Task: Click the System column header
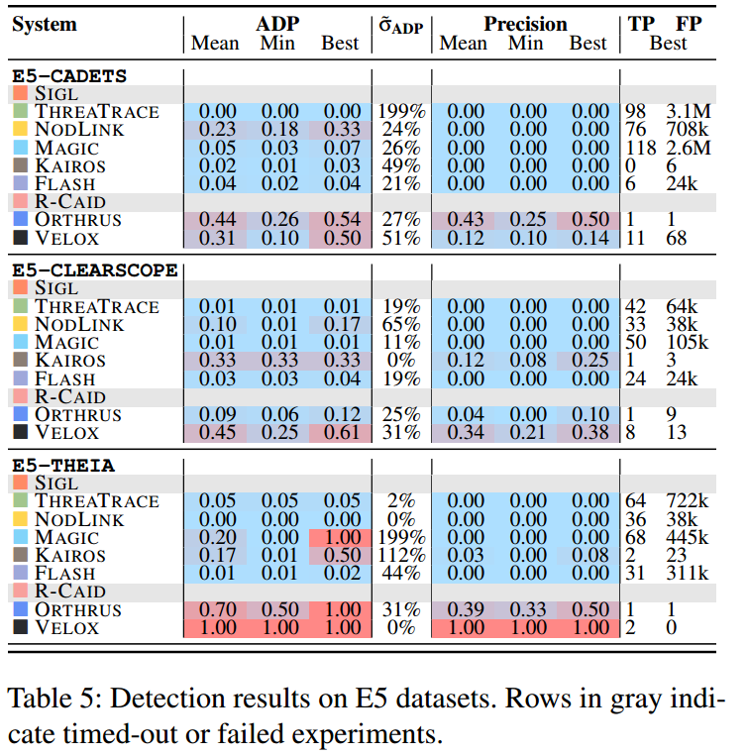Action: [46, 24]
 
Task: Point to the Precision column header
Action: [524, 24]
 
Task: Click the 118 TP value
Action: [637, 147]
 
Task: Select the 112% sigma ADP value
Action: [402, 555]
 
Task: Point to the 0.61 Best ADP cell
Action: [340, 432]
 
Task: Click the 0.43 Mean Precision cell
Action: [463, 219]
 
